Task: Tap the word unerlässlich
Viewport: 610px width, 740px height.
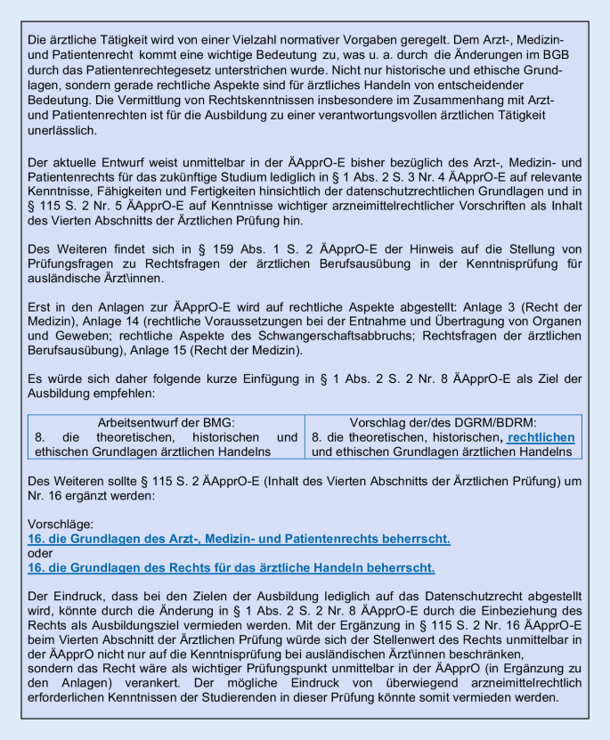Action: (64, 131)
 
